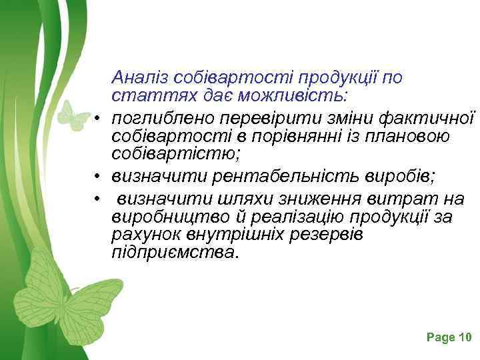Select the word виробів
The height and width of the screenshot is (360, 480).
pyautogui.click(x=399, y=177)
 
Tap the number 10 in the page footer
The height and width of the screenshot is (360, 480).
pyautogui.click(x=465, y=337)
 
